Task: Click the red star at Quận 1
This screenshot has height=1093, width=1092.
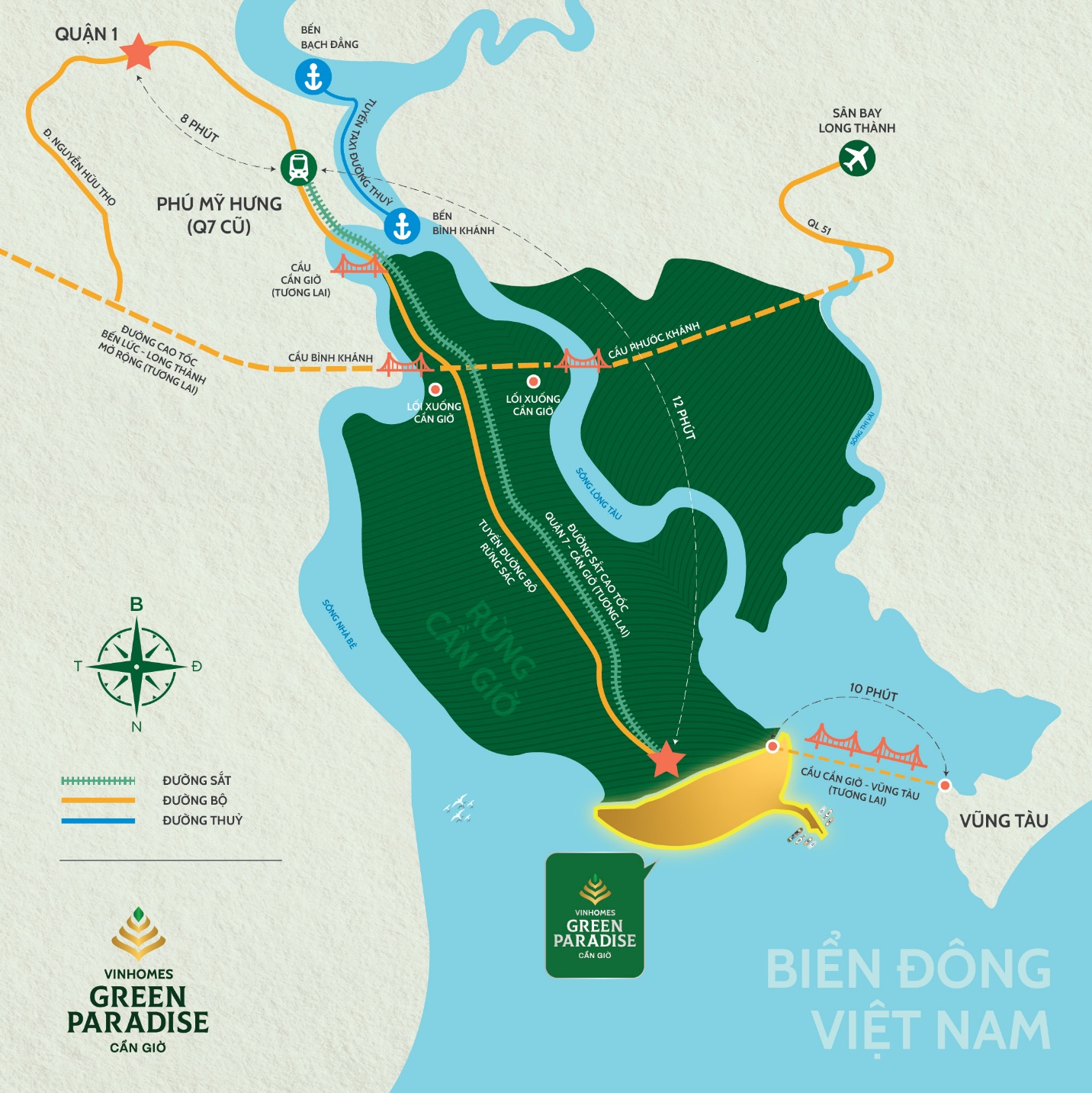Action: tap(138, 52)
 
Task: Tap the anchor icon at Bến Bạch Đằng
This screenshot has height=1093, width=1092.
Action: tap(313, 76)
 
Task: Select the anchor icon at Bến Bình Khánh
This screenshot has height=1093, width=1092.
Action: tap(402, 226)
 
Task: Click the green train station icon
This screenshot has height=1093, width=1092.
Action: tap(298, 167)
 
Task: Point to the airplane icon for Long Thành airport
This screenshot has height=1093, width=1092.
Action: tap(857, 159)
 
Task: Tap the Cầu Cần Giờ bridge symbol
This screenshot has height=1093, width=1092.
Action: tap(357, 265)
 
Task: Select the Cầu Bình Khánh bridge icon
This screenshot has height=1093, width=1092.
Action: tap(404, 365)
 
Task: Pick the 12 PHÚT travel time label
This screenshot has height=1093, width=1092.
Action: tap(684, 417)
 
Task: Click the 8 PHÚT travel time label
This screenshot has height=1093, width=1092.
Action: tap(200, 128)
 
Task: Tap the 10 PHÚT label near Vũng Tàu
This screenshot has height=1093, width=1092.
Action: tap(873, 693)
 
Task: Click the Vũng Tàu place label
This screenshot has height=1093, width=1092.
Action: tap(1004, 821)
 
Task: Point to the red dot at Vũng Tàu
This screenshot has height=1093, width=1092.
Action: tap(945, 785)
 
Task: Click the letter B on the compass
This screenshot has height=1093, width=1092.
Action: tap(136, 604)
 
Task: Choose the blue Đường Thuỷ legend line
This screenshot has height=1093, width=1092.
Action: tap(98, 821)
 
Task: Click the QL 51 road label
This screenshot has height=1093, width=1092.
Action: tap(819, 227)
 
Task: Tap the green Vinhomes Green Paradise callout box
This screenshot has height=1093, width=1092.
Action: tap(595, 915)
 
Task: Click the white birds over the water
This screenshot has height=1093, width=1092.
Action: tap(459, 808)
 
